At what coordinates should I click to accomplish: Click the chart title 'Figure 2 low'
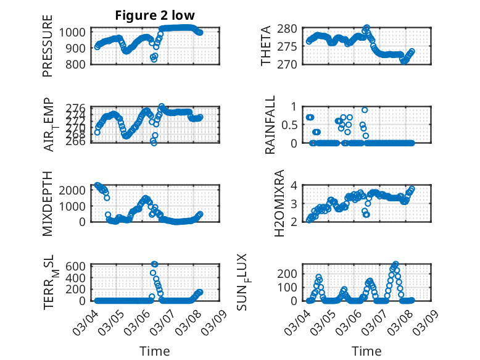coord(155,15)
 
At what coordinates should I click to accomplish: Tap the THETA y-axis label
coord(266,47)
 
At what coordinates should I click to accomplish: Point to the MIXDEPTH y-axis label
coord(48,203)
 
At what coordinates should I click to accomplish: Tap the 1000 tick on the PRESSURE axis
coord(76,32)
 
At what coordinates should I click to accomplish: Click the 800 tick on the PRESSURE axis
coord(79,64)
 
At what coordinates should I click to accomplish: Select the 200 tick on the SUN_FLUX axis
coord(291,273)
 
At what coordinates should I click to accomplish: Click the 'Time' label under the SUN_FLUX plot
coord(366,351)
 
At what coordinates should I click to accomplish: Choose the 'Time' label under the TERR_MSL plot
coord(155,351)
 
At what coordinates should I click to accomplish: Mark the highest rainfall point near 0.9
coord(365,110)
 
